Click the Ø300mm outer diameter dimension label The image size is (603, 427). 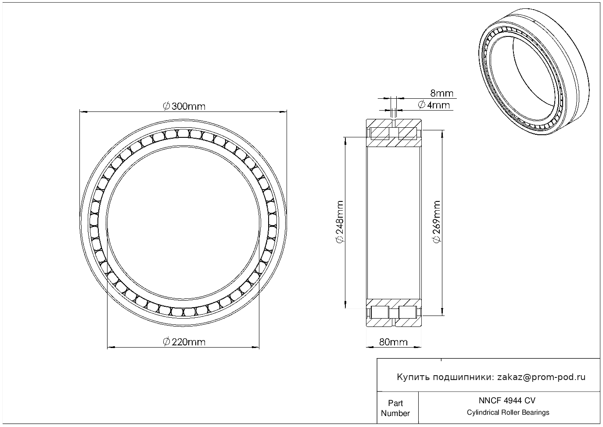(x=184, y=106)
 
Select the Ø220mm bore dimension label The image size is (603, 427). (x=184, y=342)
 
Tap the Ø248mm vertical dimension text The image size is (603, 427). (x=340, y=222)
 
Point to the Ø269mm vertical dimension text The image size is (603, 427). (x=437, y=222)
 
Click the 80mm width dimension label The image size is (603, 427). (x=393, y=342)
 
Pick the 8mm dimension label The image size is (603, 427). (x=442, y=93)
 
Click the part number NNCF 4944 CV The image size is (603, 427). (x=507, y=400)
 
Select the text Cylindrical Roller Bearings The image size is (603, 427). (x=508, y=412)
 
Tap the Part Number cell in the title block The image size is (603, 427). (x=395, y=408)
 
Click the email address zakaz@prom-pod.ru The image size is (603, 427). (x=542, y=377)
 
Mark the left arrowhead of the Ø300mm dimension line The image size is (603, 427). (x=83, y=111)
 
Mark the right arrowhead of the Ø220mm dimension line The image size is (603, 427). (x=255, y=347)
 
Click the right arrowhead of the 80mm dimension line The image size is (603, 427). (x=418, y=347)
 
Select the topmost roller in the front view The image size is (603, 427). (x=183, y=133)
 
